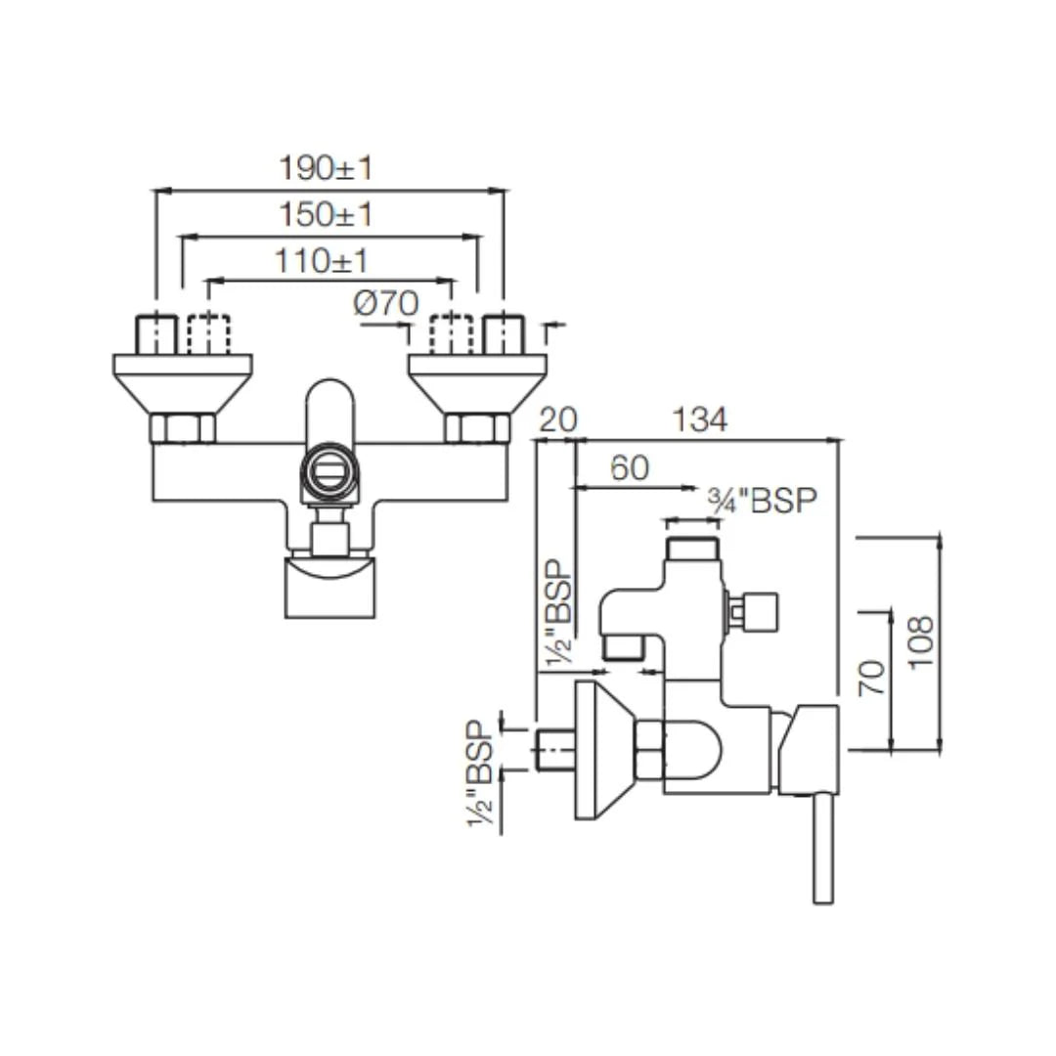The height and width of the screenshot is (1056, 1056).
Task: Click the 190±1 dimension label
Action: coord(327,168)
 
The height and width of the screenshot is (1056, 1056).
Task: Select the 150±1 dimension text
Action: coord(327,214)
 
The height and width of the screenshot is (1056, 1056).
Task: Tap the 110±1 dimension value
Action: coord(322,261)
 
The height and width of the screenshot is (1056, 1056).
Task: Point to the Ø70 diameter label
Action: coord(386,304)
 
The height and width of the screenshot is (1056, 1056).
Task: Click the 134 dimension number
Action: coord(699,419)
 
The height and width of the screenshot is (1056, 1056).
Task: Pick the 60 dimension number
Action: coord(629,467)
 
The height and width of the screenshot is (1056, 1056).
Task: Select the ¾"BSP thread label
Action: coord(762,501)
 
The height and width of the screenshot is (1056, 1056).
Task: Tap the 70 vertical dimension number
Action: coord(872,678)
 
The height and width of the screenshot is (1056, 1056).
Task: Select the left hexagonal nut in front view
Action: coord(182,428)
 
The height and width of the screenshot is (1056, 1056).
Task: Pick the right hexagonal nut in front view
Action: coord(477,428)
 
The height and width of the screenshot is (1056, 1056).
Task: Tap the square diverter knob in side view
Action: coord(760,613)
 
